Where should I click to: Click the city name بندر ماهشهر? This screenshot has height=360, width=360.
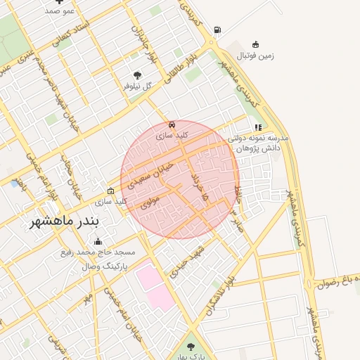(65, 221)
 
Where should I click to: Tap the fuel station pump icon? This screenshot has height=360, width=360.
(217, 30)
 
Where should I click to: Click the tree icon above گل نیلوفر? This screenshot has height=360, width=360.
(136, 75)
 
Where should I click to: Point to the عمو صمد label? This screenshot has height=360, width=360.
(60, 11)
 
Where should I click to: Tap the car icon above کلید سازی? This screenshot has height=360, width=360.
(172, 123)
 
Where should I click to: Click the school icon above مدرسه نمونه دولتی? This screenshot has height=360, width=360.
(259, 127)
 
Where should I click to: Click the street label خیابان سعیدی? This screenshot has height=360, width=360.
(149, 174)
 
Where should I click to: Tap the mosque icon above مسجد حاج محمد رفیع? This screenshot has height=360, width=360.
(97, 242)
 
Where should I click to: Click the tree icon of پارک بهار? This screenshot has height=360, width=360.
(191, 346)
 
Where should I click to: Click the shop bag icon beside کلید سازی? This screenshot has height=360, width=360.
(110, 191)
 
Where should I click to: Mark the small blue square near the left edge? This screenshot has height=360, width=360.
(15, 184)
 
